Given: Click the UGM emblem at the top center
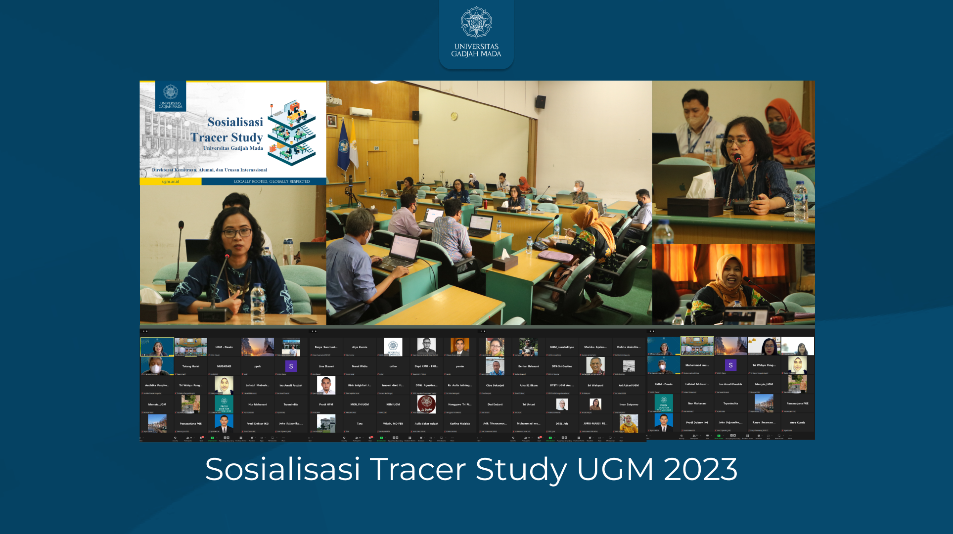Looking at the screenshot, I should point(476,22).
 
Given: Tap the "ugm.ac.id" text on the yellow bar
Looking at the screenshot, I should point(171,181).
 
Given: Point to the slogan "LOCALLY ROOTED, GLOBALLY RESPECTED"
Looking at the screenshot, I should point(272,181).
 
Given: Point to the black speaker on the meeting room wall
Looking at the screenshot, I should point(541,102).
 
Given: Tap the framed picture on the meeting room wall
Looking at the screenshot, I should point(332,120).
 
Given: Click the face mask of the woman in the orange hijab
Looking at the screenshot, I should point(778,129).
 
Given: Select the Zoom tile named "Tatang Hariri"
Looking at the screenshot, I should point(190,366).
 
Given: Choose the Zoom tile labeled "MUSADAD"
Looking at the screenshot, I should point(224,366).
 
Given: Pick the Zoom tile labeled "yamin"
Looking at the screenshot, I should point(460,366).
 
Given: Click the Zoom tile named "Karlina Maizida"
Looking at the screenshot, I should point(460,424).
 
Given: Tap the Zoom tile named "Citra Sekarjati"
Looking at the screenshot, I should point(495,385).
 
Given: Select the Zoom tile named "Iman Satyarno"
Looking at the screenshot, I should point(629,404).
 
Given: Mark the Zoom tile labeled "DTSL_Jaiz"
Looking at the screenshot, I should point(562,424).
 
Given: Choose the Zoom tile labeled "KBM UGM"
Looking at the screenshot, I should point(393,404).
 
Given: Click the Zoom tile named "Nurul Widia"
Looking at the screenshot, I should point(360,366).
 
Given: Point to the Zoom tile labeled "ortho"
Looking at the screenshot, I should point(393,366).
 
